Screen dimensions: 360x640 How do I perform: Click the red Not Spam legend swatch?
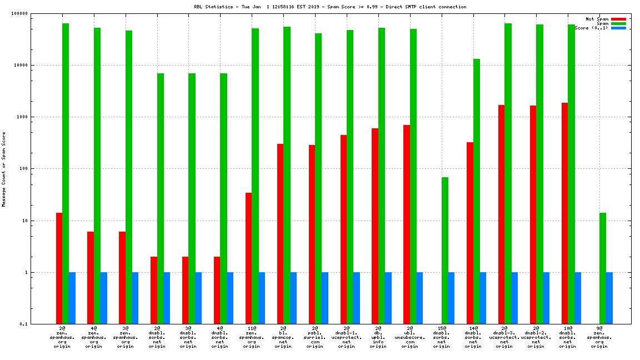pos(618,19)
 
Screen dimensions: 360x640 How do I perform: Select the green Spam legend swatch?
pos(618,23)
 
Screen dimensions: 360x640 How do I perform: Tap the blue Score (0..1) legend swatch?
pos(618,28)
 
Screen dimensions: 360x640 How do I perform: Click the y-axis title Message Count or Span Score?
pos(4,169)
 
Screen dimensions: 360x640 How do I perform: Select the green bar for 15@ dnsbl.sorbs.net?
pos(445,250)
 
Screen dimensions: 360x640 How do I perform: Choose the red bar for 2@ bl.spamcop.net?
pos(281,233)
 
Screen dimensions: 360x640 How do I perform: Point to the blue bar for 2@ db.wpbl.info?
pos(388,298)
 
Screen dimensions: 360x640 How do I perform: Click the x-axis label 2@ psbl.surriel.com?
pos(315,337)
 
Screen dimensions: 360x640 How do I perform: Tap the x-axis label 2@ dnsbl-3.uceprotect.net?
pos(504,337)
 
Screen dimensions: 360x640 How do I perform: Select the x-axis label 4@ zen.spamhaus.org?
pos(94,337)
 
